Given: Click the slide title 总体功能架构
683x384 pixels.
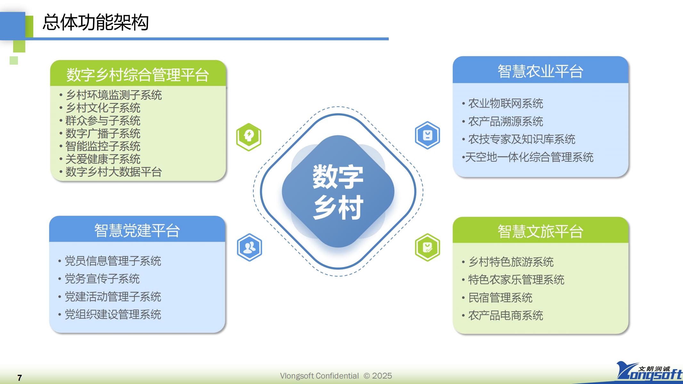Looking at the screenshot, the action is click(x=95, y=22).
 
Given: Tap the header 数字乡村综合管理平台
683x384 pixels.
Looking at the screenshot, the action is click(x=138, y=75).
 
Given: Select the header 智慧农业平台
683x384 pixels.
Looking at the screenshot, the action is click(x=540, y=71).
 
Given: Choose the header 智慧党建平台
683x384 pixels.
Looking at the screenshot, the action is click(x=137, y=230).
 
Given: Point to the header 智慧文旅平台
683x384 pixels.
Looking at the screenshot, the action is click(x=540, y=231).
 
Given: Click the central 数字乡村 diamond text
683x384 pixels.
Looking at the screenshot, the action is click(x=338, y=192).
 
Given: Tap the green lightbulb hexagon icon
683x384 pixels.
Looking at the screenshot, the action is click(x=249, y=137).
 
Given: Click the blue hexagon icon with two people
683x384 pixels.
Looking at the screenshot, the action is click(x=249, y=247).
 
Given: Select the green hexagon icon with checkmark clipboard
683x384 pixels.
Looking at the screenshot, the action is click(x=427, y=247).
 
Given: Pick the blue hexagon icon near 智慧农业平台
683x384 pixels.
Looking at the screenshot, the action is click(x=427, y=135).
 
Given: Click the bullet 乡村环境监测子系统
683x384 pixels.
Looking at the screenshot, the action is click(x=114, y=95).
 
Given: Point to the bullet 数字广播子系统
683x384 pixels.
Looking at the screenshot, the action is click(x=103, y=133).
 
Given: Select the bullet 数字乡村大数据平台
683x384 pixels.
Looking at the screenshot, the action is click(x=114, y=172).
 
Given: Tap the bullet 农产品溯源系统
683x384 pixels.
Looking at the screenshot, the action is click(x=506, y=121).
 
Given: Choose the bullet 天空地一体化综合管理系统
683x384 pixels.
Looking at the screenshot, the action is click(x=529, y=157).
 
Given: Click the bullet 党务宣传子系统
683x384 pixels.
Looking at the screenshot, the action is click(x=102, y=279).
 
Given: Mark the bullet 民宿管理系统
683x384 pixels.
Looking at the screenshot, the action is click(x=500, y=298).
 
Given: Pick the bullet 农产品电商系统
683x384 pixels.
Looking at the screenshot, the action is click(x=506, y=316).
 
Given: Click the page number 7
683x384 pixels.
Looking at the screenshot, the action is click(x=20, y=378).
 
